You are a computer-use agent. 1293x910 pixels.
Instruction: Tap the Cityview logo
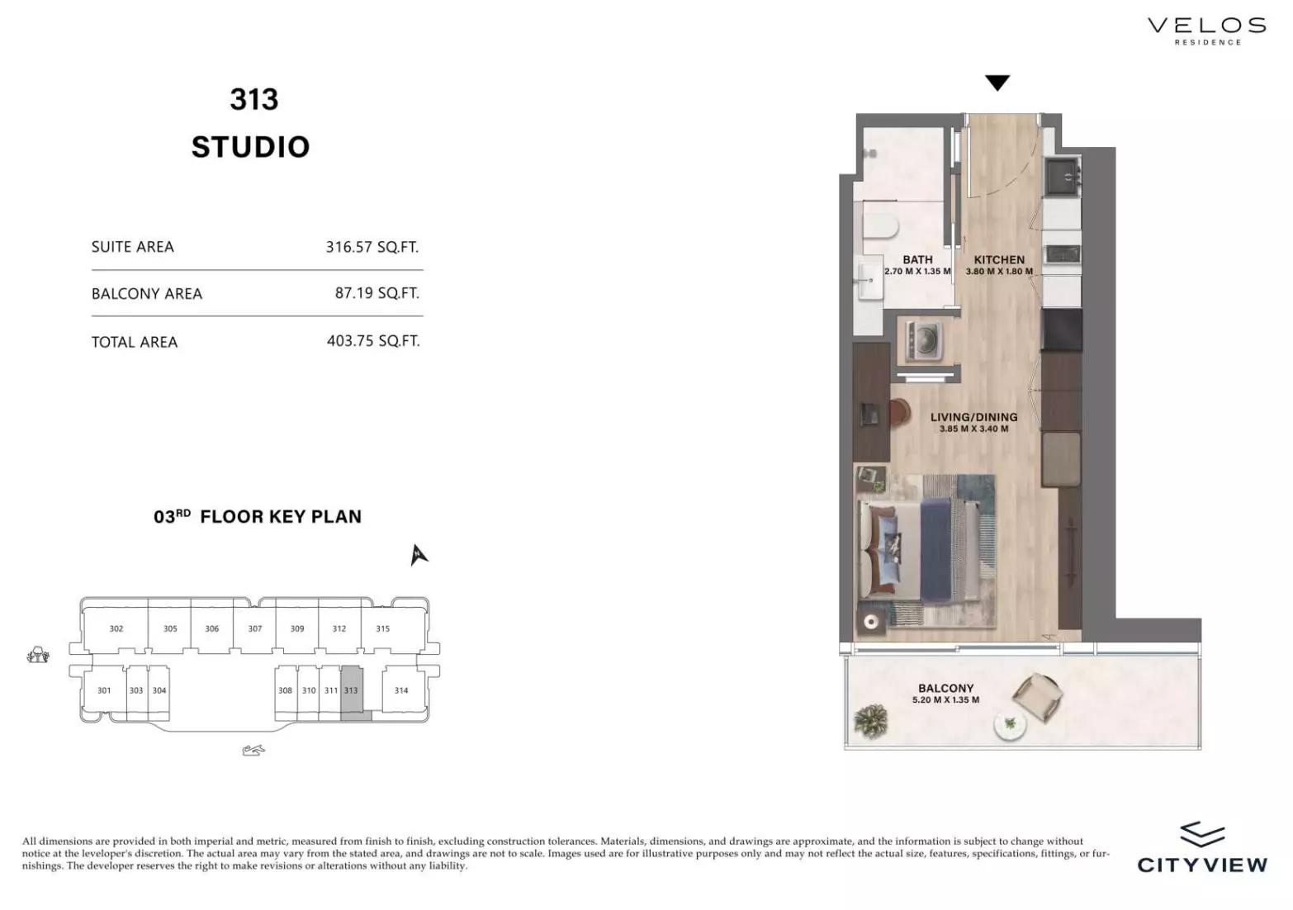[1202, 847]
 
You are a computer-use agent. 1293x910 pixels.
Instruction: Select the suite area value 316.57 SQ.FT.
[372, 247]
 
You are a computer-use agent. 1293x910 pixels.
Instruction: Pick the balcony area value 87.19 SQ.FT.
[377, 293]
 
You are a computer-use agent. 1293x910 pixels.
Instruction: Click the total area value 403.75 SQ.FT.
[373, 341]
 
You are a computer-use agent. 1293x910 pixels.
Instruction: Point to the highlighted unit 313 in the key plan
[352, 693]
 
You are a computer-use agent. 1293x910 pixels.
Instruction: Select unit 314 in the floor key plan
[401, 690]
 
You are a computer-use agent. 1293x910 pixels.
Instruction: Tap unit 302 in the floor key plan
[116, 628]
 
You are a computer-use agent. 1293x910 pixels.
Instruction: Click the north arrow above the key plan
[419, 555]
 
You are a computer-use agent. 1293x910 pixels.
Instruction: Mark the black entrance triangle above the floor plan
[997, 83]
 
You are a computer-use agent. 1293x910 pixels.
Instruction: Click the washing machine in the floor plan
[924, 340]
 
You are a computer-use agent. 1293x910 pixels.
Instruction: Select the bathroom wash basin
[870, 282]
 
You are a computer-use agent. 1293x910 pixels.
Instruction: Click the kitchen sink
[1062, 177]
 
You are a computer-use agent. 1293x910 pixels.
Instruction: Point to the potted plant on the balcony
[870, 721]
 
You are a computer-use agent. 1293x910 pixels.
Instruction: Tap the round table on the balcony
[1010, 727]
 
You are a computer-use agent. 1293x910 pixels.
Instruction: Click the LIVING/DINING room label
[973, 417]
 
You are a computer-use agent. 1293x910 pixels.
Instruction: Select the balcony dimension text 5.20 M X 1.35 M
[945, 699]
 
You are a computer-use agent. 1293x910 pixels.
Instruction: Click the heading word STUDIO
[250, 147]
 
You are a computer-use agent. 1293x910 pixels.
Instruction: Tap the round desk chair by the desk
[899, 414]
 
